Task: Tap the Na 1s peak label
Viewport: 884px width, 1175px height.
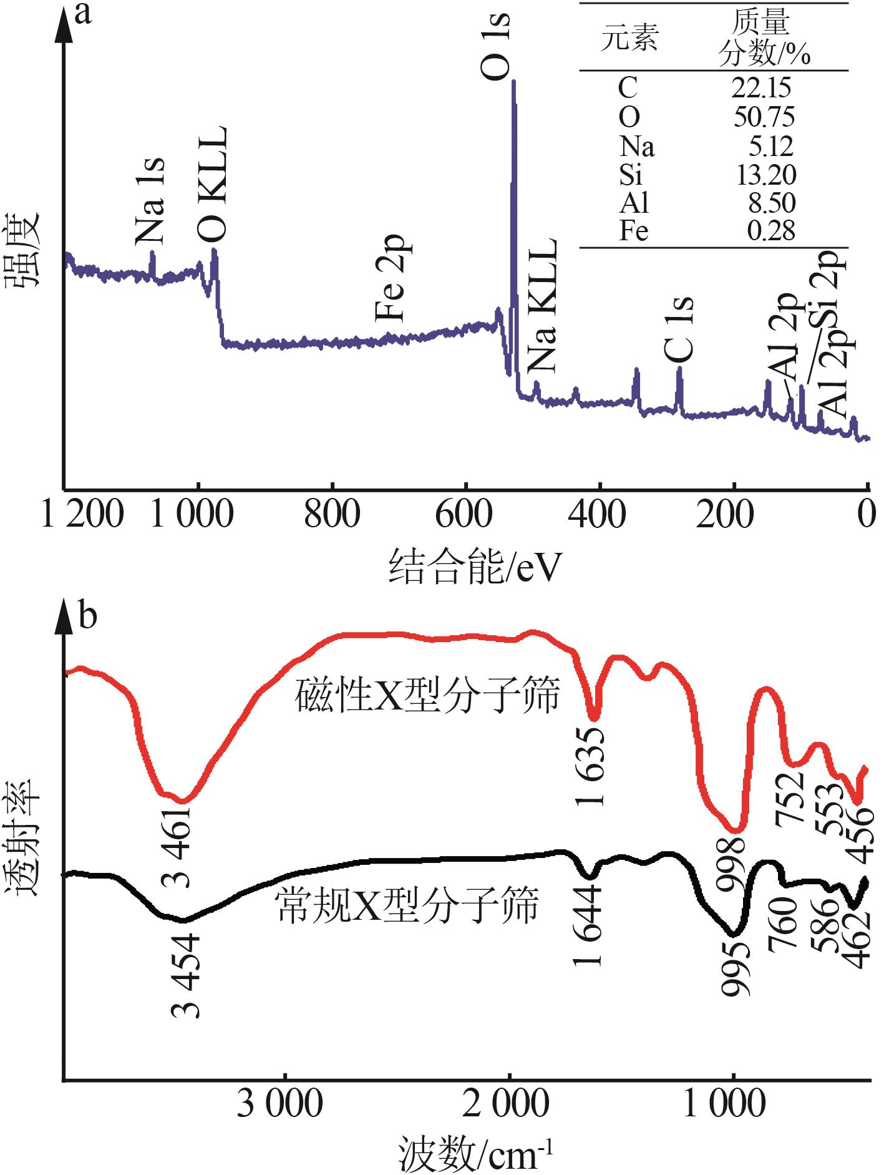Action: coord(150,200)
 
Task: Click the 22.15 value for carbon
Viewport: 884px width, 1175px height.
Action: coord(762,87)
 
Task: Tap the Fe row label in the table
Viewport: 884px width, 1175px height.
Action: coord(633,232)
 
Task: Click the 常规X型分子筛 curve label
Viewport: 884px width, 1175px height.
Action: coord(406,905)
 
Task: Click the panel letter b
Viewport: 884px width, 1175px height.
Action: coord(88,617)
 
